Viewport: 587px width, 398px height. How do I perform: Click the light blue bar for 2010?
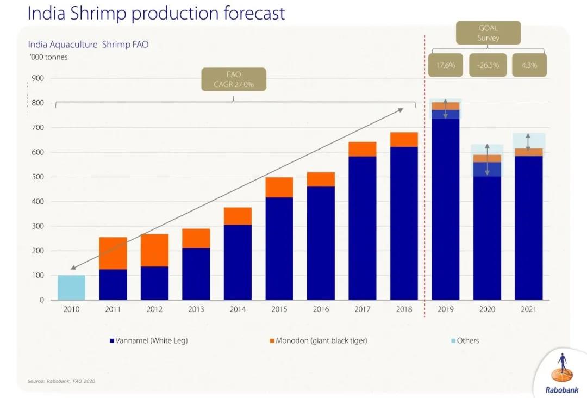[x=71, y=288]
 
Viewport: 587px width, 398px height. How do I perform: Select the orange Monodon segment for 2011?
[x=113, y=253]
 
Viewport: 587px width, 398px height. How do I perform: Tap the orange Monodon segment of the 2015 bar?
[x=279, y=188]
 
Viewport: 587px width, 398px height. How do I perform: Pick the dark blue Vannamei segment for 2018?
[x=404, y=223]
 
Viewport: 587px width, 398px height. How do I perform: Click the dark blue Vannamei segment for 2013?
[x=196, y=273]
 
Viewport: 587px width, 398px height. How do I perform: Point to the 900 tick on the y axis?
[x=39, y=78]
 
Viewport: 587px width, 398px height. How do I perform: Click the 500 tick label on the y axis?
[x=39, y=177]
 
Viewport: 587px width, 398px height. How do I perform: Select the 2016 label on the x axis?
[x=321, y=309]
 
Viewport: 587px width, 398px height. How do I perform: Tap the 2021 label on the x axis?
[x=528, y=309]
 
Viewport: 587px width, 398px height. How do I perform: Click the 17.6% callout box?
[x=445, y=65]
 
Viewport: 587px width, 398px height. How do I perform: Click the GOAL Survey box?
[x=488, y=33]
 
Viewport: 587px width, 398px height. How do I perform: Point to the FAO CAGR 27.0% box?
[x=233, y=79]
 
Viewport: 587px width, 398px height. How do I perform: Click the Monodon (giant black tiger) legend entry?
[x=318, y=341]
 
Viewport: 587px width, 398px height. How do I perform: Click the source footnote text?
[x=61, y=381]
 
